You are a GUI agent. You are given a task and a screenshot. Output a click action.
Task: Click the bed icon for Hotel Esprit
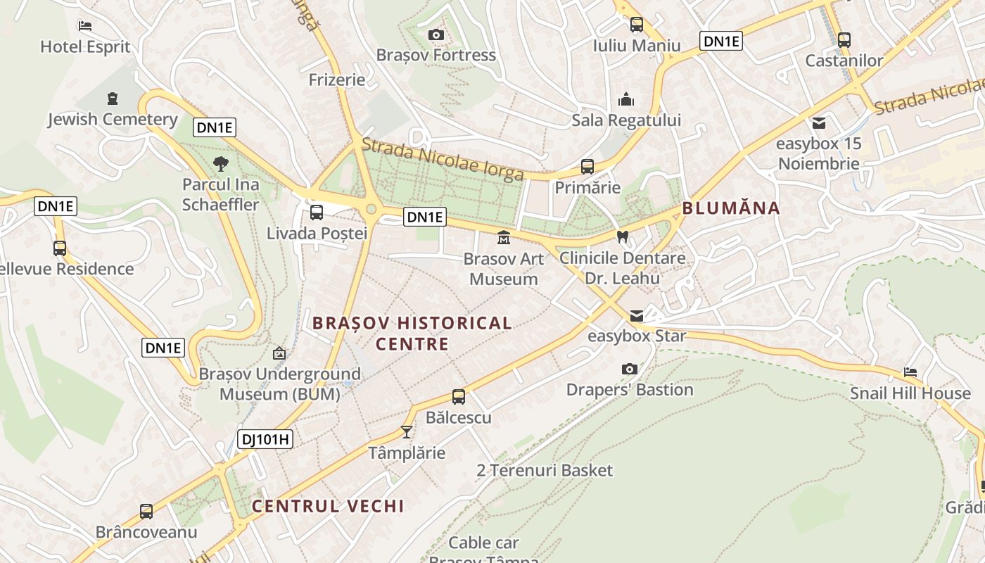pos(85,26)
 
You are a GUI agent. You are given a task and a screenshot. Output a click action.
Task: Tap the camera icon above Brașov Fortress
pos(436,34)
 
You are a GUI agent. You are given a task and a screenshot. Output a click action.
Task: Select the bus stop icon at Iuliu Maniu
pos(637,25)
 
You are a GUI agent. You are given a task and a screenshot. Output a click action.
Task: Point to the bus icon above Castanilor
pos(844,40)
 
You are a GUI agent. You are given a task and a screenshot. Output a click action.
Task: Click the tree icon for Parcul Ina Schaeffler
pos(221,165)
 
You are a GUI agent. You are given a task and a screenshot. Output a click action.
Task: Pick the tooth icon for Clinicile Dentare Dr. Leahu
pos(622,237)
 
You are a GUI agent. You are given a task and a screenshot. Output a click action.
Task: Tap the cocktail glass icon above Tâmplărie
pos(407,431)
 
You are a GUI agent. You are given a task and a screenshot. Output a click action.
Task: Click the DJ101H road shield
pos(265,439)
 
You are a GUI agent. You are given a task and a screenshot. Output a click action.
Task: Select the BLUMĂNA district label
pos(731,208)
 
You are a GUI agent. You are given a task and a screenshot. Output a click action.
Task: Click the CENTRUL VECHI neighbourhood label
pos(328,506)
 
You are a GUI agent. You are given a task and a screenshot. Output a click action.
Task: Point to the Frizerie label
pos(337,80)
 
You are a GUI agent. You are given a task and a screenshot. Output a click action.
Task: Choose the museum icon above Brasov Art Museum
pos(504,238)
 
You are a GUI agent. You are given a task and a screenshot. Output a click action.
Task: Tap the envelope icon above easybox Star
pos(637,315)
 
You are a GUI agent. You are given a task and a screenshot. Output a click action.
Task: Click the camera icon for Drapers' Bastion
pos(630,369)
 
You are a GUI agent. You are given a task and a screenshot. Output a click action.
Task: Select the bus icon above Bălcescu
pos(459,397)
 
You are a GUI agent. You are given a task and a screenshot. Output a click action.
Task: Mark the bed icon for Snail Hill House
pos(910,372)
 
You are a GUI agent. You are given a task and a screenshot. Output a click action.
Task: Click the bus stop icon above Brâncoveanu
pos(146,512)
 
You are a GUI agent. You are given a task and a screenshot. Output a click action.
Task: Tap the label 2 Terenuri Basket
pos(545,470)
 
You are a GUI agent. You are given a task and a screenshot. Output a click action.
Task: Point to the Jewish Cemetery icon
pos(113,99)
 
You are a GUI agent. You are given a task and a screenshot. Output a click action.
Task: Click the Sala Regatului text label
pos(626,120)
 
